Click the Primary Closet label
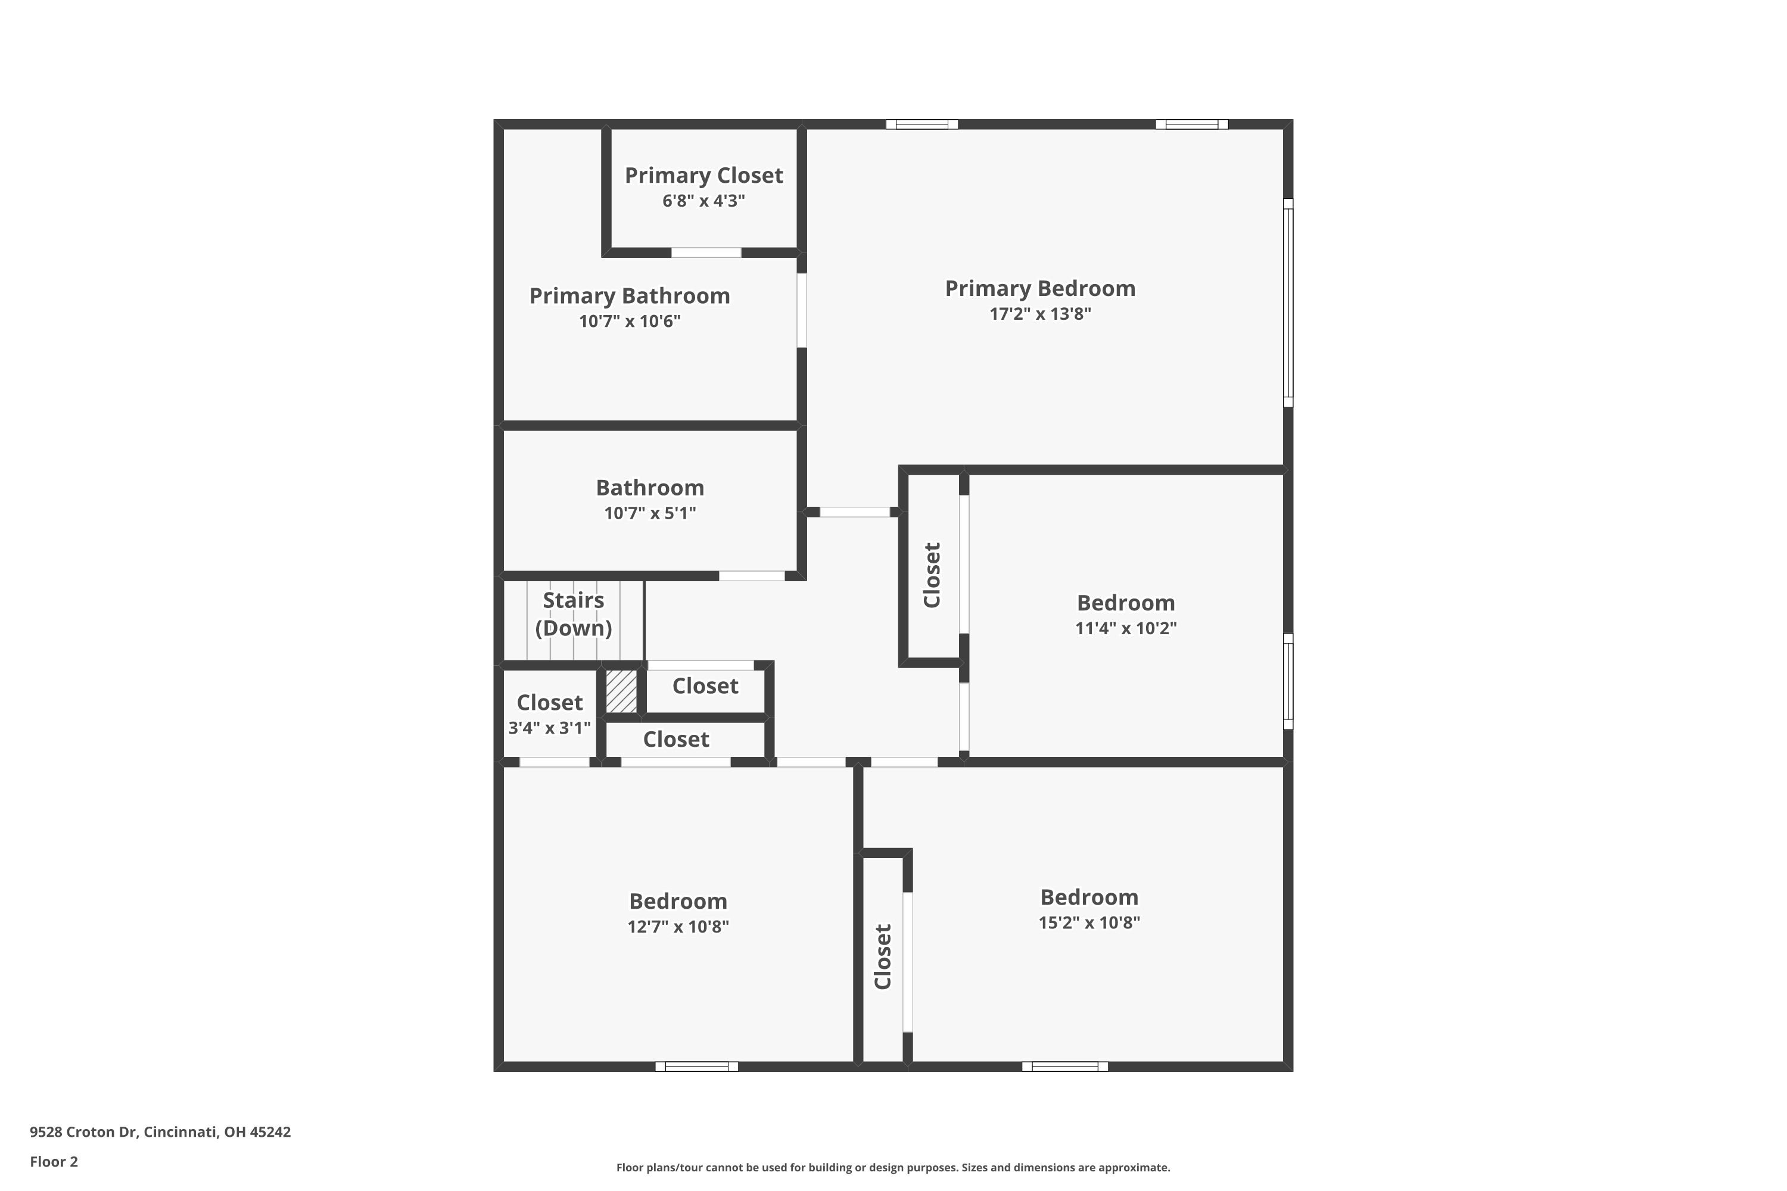coord(703,176)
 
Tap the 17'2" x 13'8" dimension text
coord(1040,314)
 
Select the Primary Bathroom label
coord(629,295)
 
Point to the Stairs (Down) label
coord(574,614)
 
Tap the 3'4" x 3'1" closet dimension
coord(549,728)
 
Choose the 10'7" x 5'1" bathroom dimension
coord(650,513)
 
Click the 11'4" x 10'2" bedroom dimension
coord(1126,628)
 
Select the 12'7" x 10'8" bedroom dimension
coord(678,927)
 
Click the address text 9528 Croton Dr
coord(83,1132)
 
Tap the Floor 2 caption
coord(54,1161)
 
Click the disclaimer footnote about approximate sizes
coord(893,1167)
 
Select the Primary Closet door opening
coord(706,252)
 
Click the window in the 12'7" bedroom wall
coord(697,1067)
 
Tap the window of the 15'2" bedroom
coord(1064,1067)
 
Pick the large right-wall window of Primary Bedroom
coord(1288,303)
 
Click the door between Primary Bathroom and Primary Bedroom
coord(802,310)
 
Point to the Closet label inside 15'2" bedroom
coord(883,956)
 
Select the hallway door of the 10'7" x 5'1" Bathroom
coord(752,576)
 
